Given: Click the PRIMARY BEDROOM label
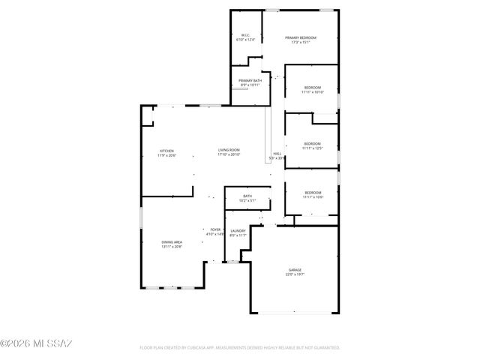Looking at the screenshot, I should tap(301, 37).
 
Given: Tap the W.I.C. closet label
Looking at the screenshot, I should tap(245, 35).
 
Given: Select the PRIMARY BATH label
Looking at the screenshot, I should tap(250, 80).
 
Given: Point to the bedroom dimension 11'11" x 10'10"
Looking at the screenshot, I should tap(313, 92).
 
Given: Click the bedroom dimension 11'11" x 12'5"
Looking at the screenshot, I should tap(313, 148).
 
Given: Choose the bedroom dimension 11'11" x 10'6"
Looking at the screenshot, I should tap(313, 196).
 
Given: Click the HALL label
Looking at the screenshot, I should tap(277, 153).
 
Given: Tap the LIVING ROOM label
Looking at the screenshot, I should tap(229, 150).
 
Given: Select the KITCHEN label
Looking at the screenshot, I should tap(166, 151).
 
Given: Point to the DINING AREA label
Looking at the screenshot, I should tap(172, 241).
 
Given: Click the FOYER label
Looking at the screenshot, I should tap(215, 229).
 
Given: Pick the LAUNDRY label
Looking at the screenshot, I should tap(238, 230).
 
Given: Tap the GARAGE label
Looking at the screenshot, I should tap(295, 269).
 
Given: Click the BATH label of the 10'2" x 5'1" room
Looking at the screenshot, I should tap(247, 196).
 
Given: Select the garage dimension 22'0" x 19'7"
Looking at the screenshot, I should tap(295, 274).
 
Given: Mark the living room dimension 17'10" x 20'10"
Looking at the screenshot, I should tap(229, 155).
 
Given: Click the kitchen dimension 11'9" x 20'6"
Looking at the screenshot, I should tap(166, 155).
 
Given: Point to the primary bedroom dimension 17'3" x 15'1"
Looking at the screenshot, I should tap(301, 43).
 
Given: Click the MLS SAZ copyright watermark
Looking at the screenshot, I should tap(36, 343).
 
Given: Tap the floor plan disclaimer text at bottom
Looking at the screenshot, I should tap(240, 348).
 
